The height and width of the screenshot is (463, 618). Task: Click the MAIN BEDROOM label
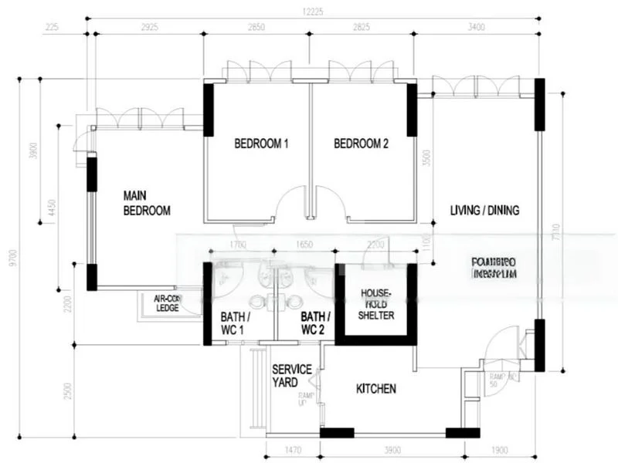[x=147, y=202]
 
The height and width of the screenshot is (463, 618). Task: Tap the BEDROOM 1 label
[x=261, y=144]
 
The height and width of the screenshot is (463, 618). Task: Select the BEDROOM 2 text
[x=362, y=144]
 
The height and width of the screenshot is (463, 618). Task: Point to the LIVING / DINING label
[x=485, y=210]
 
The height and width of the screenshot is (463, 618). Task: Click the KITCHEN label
[x=376, y=389]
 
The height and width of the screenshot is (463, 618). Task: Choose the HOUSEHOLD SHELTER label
[x=376, y=305]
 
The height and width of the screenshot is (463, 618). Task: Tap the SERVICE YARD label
[x=292, y=376]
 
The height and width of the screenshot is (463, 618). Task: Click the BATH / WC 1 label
[x=233, y=323]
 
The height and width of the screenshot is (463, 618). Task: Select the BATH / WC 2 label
[x=315, y=323]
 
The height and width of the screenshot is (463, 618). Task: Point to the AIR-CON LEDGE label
[x=167, y=303]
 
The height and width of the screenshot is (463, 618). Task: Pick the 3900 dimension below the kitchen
[x=392, y=450]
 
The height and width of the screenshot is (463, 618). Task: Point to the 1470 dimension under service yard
[x=293, y=450]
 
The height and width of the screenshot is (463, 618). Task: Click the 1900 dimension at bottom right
[x=499, y=450]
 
